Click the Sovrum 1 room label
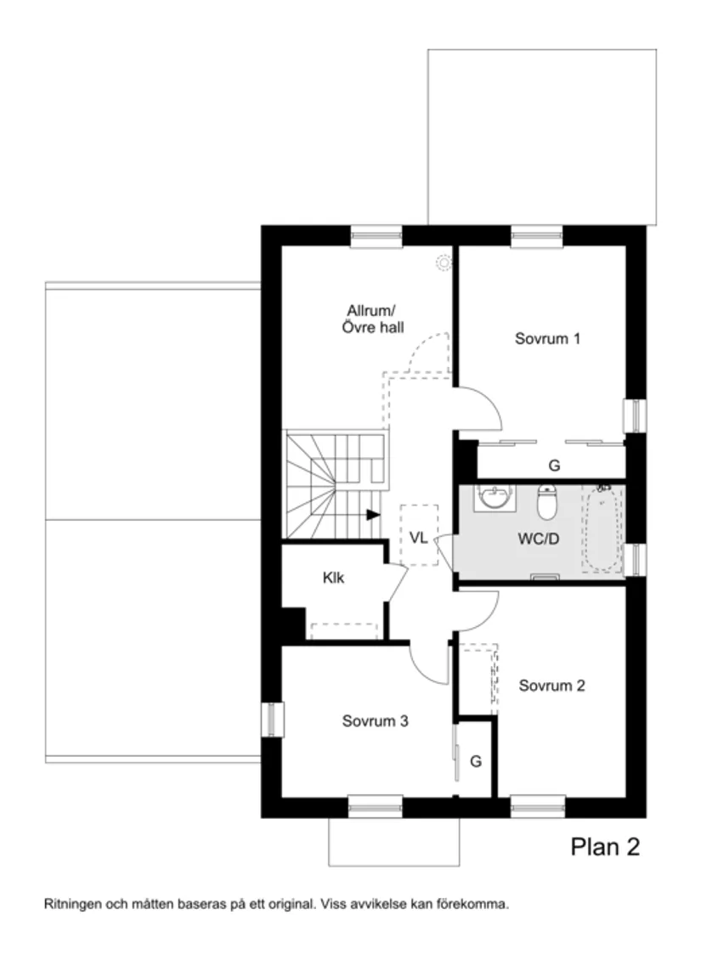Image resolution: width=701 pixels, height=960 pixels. (547, 338)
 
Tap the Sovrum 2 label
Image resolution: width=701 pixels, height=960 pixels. (552, 686)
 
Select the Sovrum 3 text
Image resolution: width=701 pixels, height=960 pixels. (376, 721)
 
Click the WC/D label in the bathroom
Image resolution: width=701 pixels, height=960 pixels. (538, 539)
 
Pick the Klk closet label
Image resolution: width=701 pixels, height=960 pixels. (333, 579)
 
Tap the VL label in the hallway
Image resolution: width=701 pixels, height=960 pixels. (418, 537)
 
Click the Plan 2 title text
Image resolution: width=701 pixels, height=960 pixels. (604, 846)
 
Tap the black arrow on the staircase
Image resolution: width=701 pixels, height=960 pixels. (372, 514)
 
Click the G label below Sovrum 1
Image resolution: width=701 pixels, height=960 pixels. (554, 466)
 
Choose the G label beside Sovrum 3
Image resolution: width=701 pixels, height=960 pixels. (476, 761)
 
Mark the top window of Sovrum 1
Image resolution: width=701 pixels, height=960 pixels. (537, 236)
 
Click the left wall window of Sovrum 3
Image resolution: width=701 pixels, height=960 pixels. (272, 720)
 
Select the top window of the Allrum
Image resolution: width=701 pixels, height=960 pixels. (376, 236)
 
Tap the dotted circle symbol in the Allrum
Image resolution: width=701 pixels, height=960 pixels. (443, 263)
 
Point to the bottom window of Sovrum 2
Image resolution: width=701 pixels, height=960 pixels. (537, 805)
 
